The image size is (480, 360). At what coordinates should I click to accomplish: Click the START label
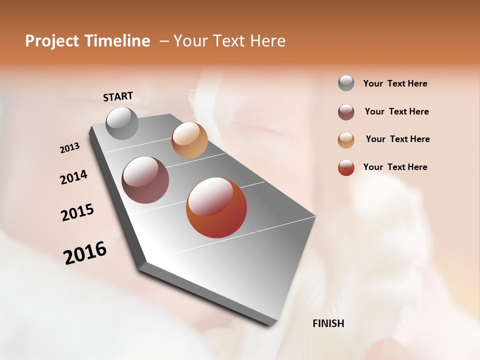pyautogui.click(x=118, y=96)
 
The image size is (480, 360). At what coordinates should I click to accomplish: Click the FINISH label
pyautogui.click(x=328, y=323)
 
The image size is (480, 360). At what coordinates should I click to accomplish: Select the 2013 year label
pyautogui.click(x=70, y=148)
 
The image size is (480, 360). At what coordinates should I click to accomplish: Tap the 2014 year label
pyautogui.click(x=73, y=177)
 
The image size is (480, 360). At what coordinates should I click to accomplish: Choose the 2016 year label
pyautogui.click(x=85, y=252)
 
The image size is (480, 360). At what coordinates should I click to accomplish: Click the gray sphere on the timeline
pyautogui.click(x=122, y=123)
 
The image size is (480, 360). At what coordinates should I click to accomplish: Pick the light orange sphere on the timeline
pyautogui.click(x=189, y=140)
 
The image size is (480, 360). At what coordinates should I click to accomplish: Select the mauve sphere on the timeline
pyautogui.click(x=145, y=180)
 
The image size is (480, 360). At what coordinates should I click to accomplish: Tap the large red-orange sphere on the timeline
pyautogui.click(x=216, y=207)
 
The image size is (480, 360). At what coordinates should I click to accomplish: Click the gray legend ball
pyautogui.click(x=346, y=83)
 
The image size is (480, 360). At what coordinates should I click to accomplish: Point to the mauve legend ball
pyautogui.click(x=346, y=112)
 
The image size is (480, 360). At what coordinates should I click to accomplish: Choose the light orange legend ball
pyautogui.click(x=346, y=140)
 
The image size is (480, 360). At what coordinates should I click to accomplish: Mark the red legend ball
pyautogui.click(x=346, y=167)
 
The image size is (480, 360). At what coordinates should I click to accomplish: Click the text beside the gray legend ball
pyautogui.click(x=395, y=83)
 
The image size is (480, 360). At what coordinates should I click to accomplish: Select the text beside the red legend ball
pyautogui.click(x=395, y=167)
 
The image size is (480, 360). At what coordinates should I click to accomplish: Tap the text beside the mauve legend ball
pyautogui.click(x=396, y=111)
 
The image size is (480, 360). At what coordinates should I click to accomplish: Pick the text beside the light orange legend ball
pyautogui.click(x=397, y=139)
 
